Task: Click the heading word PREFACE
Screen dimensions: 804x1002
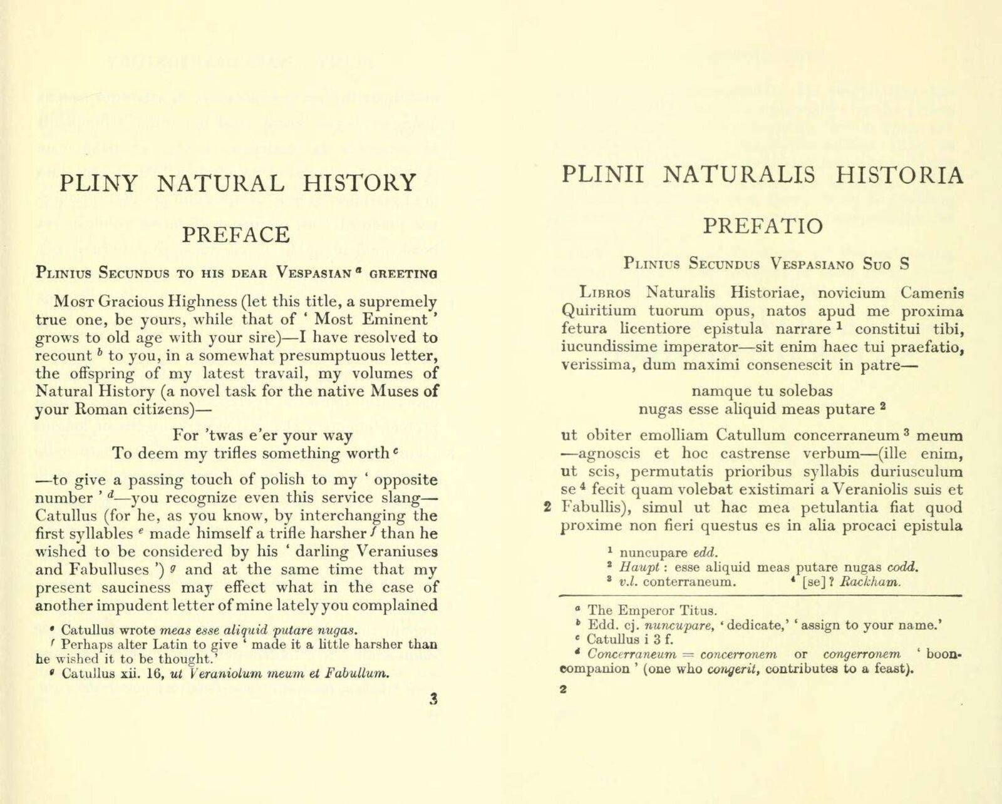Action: (x=235, y=235)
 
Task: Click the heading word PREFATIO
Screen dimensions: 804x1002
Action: (x=763, y=225)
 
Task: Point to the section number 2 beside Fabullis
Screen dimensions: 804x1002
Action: (x=547, y=507)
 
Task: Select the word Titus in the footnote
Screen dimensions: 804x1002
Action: (x=700, y=610)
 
